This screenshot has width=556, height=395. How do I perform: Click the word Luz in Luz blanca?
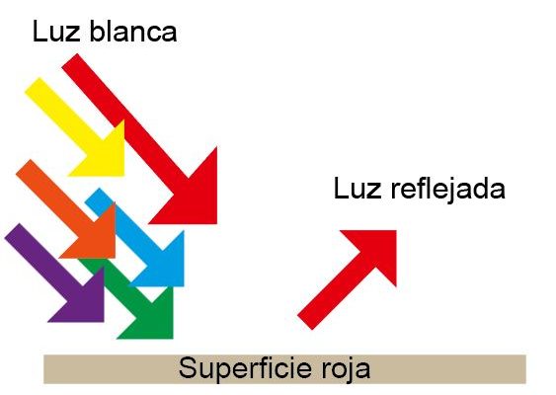55,32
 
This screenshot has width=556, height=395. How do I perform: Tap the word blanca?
133,31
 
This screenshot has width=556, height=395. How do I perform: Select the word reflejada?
447,189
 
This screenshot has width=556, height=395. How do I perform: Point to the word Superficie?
244,367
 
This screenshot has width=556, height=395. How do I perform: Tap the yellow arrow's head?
103,154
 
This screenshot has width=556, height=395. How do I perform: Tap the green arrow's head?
152,317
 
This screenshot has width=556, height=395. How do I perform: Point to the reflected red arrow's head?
376,251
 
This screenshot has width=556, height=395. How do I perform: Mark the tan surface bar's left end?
43,369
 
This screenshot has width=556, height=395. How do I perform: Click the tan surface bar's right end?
525,369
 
